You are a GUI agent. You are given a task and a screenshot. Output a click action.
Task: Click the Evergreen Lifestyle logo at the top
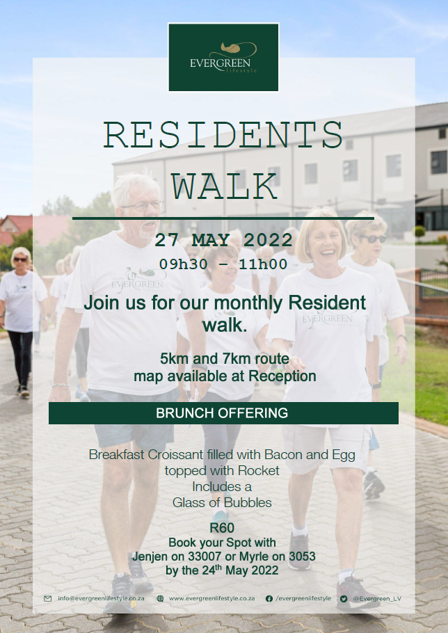(223, 57)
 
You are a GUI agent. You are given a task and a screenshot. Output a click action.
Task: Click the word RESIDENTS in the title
(223, 135)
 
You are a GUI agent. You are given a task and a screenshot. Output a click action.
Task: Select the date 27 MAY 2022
(223, 240)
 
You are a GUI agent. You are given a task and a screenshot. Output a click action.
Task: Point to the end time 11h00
(263, 264)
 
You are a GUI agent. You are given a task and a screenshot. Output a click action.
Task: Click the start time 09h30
(184, 264)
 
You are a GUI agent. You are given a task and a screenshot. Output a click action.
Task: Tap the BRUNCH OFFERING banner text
(222, 413)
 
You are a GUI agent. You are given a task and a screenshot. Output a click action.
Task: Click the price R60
(222, 528)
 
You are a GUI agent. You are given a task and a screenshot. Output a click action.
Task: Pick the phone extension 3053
(303, 556)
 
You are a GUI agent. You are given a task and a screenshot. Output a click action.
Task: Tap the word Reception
(282, 376)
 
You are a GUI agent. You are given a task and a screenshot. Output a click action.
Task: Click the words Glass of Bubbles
(222, 503)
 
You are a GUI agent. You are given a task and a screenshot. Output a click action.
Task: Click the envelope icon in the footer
(47, 599)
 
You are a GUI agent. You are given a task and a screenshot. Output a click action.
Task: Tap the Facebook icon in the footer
(269, 599)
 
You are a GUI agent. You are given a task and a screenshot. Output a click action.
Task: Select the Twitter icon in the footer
(344, 599)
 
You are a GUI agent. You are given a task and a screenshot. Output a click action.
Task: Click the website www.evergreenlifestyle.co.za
(212, 598)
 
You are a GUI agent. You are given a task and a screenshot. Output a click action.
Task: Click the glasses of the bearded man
(141, 206)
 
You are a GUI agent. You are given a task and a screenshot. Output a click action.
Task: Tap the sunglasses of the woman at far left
(20, 259)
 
